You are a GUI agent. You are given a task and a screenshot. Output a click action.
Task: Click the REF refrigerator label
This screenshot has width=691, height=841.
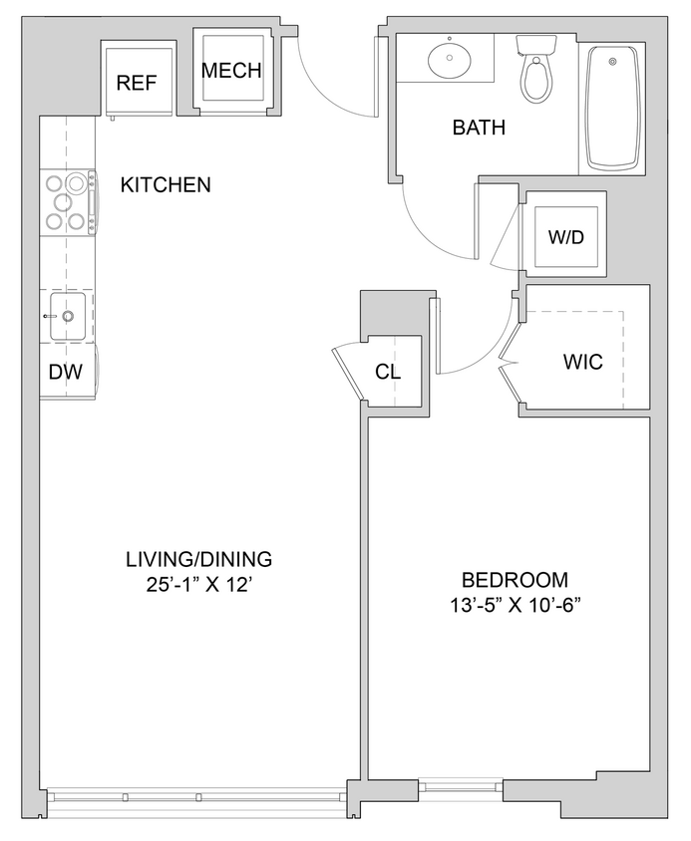(x=137, y=83)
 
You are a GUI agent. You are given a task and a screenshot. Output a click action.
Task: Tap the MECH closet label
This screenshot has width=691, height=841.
(x=231, y=71)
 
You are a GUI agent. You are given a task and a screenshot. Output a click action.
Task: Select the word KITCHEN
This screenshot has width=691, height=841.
(x=166, y=184)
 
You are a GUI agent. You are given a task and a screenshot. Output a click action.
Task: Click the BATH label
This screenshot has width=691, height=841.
(x=479, y=128)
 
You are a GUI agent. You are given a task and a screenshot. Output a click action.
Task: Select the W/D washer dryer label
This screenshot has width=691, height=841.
(x=566, y=239)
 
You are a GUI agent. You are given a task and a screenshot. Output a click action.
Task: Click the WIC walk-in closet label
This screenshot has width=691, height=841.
(x=582, y=363)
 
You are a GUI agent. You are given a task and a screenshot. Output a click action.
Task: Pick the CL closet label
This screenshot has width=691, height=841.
(x=388, y=372)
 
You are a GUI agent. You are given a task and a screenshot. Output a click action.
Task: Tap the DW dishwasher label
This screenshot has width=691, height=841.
(x=65, y=373)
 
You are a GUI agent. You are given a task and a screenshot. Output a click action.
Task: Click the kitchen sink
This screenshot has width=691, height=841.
(x=68, y=316)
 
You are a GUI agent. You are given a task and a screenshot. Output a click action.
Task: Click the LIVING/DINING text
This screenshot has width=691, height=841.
(x=198, y=559)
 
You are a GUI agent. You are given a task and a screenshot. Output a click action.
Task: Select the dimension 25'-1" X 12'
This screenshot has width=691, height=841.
(x=198, y=585)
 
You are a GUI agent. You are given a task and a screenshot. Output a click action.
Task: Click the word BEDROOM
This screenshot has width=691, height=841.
(x=515, y=580)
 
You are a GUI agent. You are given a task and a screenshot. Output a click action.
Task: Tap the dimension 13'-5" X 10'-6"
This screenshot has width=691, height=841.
(x=515, y=606)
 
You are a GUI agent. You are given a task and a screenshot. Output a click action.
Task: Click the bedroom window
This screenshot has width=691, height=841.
(x=462, y=787)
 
